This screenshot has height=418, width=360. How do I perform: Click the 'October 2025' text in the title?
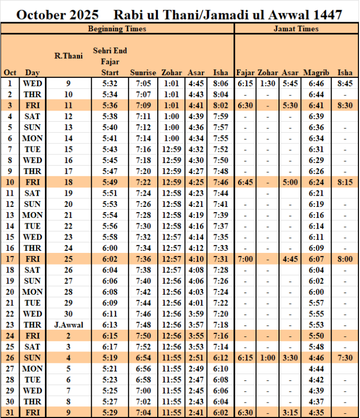click(x=57, y=15)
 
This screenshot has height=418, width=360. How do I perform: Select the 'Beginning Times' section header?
click(x=117, y=29)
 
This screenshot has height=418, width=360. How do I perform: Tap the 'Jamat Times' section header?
click(x=296, y=29)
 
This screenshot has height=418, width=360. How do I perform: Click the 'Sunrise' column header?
click(x=143, y=72)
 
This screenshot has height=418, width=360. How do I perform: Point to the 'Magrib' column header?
click(x=316, y=72)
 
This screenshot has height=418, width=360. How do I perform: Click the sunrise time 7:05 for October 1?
click(x=143, y=83)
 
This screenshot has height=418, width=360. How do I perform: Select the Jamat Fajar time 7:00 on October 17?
click(x=246, y=259)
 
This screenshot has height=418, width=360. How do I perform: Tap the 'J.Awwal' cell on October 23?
click(x=68, y=324)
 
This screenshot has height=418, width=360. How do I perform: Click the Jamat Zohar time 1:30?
click(x=268, y=83)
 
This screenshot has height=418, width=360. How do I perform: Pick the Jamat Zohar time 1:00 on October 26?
click(x=268, y=357)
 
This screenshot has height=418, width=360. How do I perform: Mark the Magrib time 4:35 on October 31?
click(x=316, y=412)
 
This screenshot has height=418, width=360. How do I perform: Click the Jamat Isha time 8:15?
click(x=345, y=182)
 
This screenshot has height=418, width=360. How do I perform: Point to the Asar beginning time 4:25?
click(x=196, y=182)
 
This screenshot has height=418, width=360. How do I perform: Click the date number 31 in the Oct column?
click(x=10, y=412)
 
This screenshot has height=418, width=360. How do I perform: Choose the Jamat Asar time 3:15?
click(x=290, y=412)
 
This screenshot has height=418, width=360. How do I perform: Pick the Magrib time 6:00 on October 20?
click(x=316, y=292)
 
